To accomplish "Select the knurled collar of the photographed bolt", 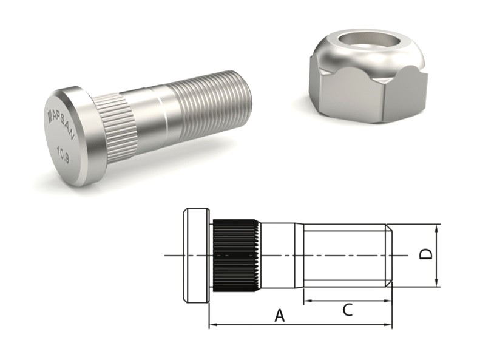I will pos(115,125).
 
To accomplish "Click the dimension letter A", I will pos(280,315).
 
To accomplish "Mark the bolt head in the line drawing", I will pos(196,256).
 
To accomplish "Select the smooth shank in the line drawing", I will pos(279,256).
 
